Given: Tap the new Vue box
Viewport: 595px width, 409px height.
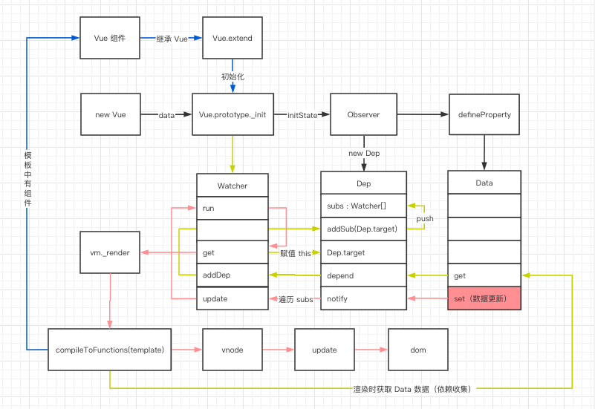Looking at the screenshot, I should pyautogui.click(x=110, y=115).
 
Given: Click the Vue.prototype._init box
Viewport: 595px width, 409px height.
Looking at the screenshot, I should pyautogui.click(x=233, y=115).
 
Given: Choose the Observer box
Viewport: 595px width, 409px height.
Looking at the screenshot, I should pyautogui.click(x=363, y=115).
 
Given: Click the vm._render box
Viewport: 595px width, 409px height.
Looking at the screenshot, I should pyautogui.click(x=109, y=252).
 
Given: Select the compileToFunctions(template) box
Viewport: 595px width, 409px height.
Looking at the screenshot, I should pyautogui.click(x=109, y=350).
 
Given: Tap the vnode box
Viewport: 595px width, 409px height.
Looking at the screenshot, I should pyautogui.click(x=233, y=350).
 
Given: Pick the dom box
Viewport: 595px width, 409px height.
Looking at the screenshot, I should pyautogui.click(x=418, y=350).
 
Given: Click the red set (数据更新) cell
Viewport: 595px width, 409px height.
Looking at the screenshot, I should pyautogui.click(x=484, y=298).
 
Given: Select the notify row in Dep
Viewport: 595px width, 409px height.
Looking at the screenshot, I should pyautogui.click(x=363, y=298).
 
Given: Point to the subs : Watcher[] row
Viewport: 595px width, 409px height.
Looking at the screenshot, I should pyautogui.click(x=363, y=206).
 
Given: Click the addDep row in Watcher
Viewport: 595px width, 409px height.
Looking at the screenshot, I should pyautogui.click(x=233, y=275).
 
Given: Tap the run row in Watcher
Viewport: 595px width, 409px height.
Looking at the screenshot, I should pyautogui.click(x=233, y=209).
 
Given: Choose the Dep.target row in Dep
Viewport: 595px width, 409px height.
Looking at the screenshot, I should pyautogui.click(x=363, y=252).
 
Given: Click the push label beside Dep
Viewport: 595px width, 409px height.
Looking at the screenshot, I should pyautogui.click(x=425, y=219).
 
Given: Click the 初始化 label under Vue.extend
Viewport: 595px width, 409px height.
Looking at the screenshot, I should pyautogui.click(x=233, y=76).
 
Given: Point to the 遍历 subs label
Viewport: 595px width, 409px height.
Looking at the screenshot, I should pyautogui.click(x=293, y=299).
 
